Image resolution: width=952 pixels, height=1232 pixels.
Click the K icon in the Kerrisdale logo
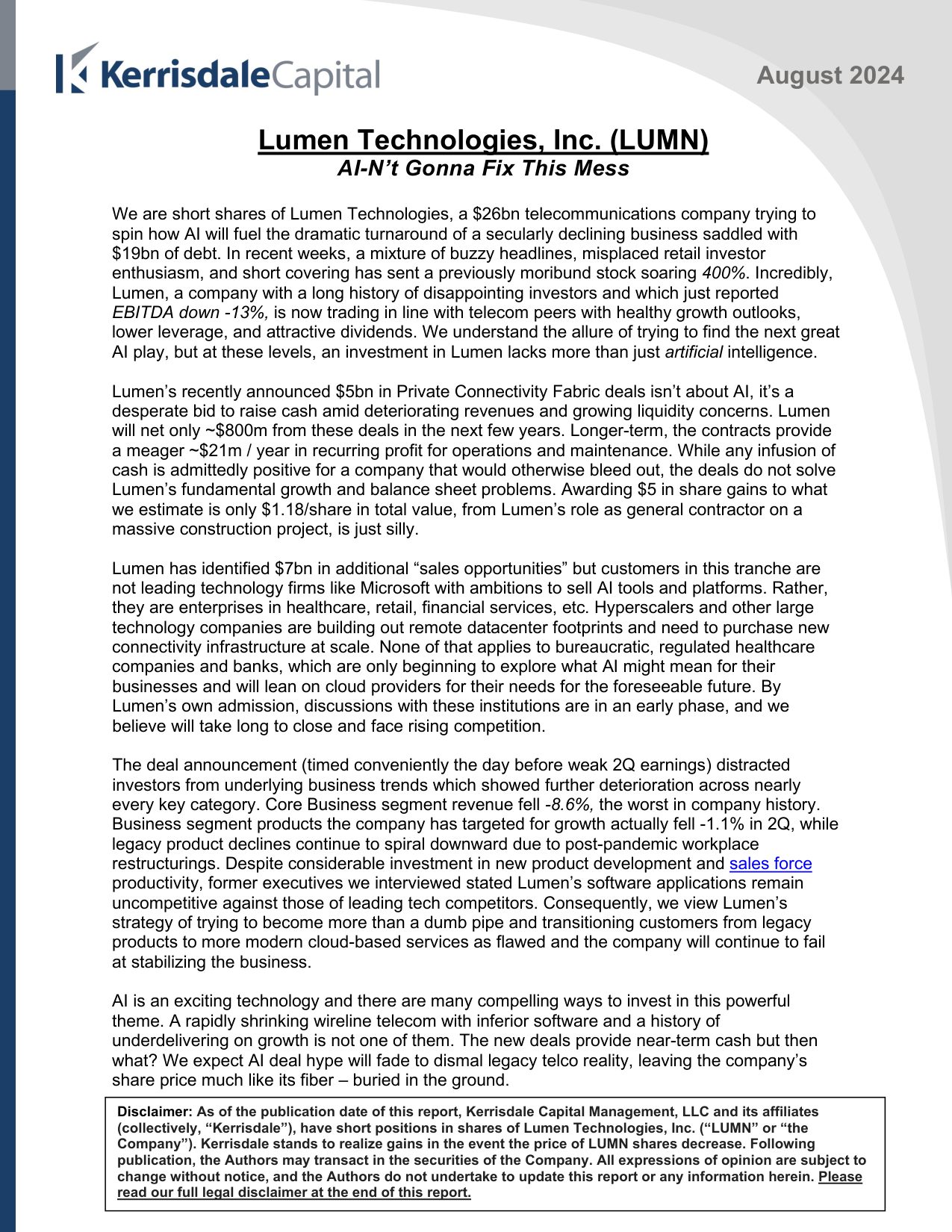coord(76,69)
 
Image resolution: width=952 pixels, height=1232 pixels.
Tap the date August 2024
coord(830,75)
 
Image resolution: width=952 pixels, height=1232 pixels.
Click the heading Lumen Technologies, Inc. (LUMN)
coord(482,140)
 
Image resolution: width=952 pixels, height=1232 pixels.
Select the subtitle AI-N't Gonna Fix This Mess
coord(482,169)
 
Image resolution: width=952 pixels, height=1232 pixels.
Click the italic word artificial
coord(694,352)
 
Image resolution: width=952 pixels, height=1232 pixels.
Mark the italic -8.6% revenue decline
coord(569,805)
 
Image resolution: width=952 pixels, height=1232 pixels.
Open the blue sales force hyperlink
coord(770,864)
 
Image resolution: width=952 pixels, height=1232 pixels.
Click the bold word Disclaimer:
coord(155,1112)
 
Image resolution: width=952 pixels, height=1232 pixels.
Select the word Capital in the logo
coord(326,76)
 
